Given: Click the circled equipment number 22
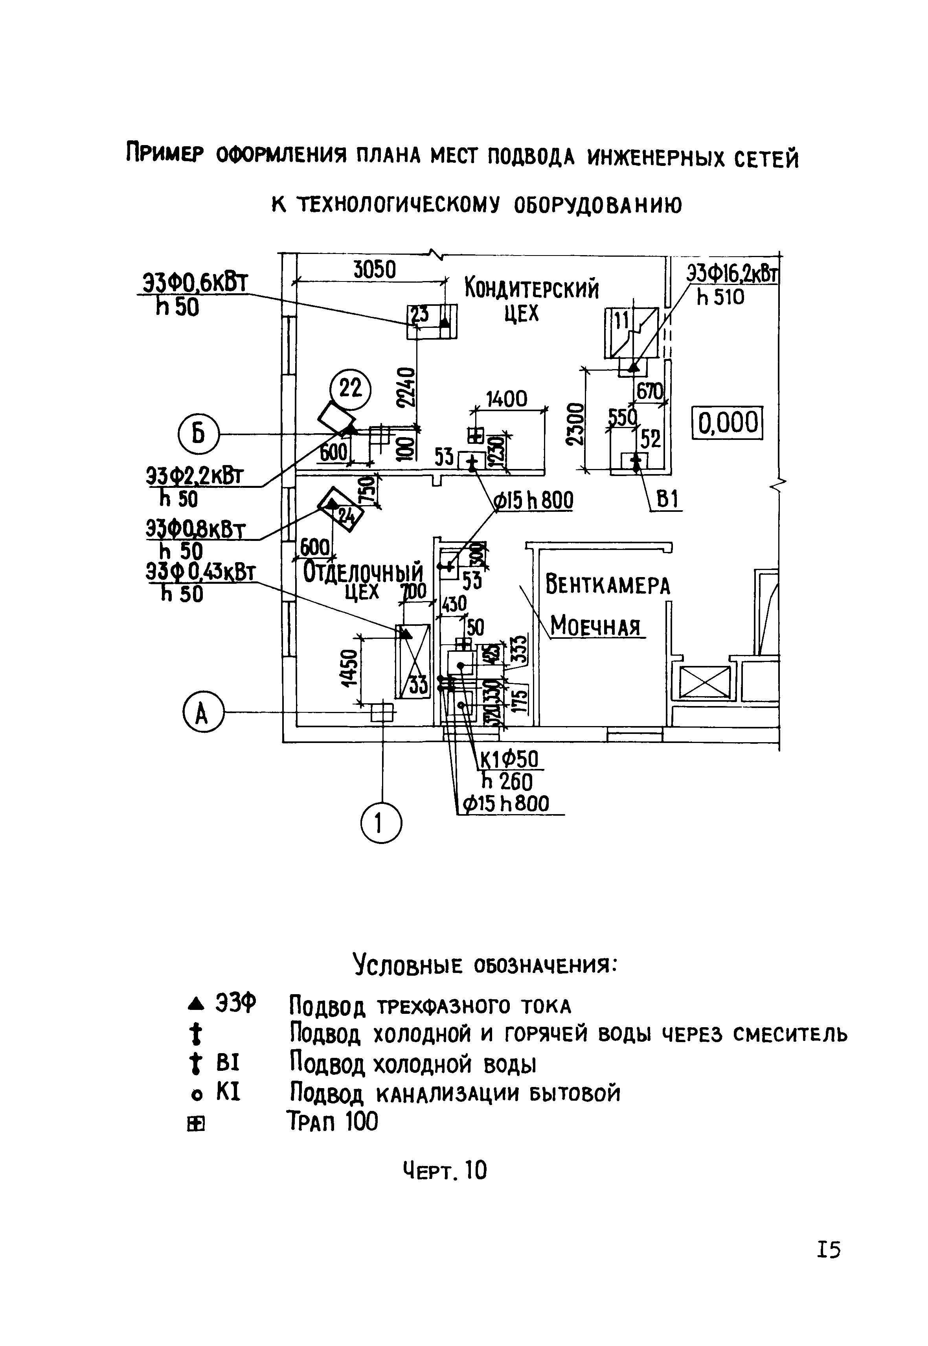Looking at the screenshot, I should click(x=350, y=388).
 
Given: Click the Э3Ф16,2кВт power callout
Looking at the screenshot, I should click(x=732, y=273).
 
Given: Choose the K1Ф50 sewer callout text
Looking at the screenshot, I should click(x=508, y=759).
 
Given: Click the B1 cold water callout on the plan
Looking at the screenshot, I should click(x=668, y=500).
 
